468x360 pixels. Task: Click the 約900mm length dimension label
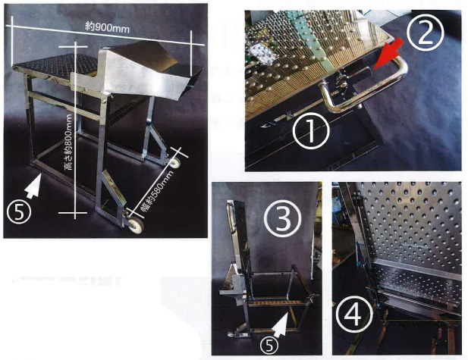[x=107, y=28]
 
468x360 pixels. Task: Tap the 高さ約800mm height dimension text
[x=69, y=142]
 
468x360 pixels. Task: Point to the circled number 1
[x=311, y=132]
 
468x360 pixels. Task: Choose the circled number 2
[x=426, y=33]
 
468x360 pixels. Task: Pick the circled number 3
[x=282, y=220]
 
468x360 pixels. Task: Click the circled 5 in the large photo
[x=19, y=212]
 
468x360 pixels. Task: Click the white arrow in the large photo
[x=33, y=186]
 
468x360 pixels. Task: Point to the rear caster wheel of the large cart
[x=175, y=163]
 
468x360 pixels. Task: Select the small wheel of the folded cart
[x=231, y=334]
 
